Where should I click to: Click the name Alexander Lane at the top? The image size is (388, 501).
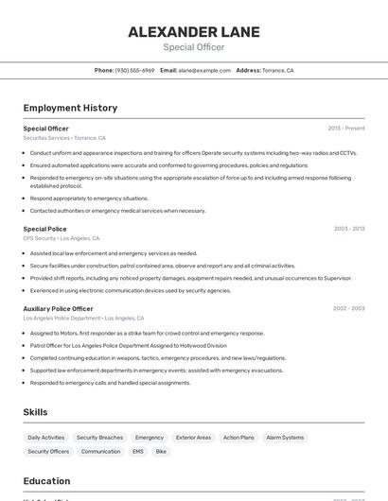click(193, 32)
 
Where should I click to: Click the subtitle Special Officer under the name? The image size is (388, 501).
click(193, 47)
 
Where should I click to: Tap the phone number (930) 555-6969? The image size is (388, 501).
click(134, 70)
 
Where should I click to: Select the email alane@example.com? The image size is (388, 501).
click(204, 70)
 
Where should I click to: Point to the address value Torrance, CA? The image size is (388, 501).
click(278, 70)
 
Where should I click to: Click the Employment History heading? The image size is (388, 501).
click(70, 108)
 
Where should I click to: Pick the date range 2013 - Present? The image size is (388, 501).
click(345, 128)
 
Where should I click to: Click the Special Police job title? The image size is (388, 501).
click(44, 229)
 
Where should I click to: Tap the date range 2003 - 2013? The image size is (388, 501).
click(348, 229)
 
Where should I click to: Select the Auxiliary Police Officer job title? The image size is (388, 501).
click(58, 308)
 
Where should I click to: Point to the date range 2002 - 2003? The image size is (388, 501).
click(348, 308)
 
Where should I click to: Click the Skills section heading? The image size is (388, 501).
click(35, 412)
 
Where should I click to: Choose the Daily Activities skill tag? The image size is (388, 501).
click(46, 438)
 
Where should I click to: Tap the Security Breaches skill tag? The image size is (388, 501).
click(99, 438)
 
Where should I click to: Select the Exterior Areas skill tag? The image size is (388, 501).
click(193, 438)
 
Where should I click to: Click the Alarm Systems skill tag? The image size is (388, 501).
click(285, 438)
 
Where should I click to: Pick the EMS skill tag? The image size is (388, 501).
click(137, 452)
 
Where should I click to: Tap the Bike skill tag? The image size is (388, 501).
click(161, 452)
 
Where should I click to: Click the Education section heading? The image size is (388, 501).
click(46, 481)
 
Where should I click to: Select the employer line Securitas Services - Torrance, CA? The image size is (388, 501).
click(64, 138)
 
